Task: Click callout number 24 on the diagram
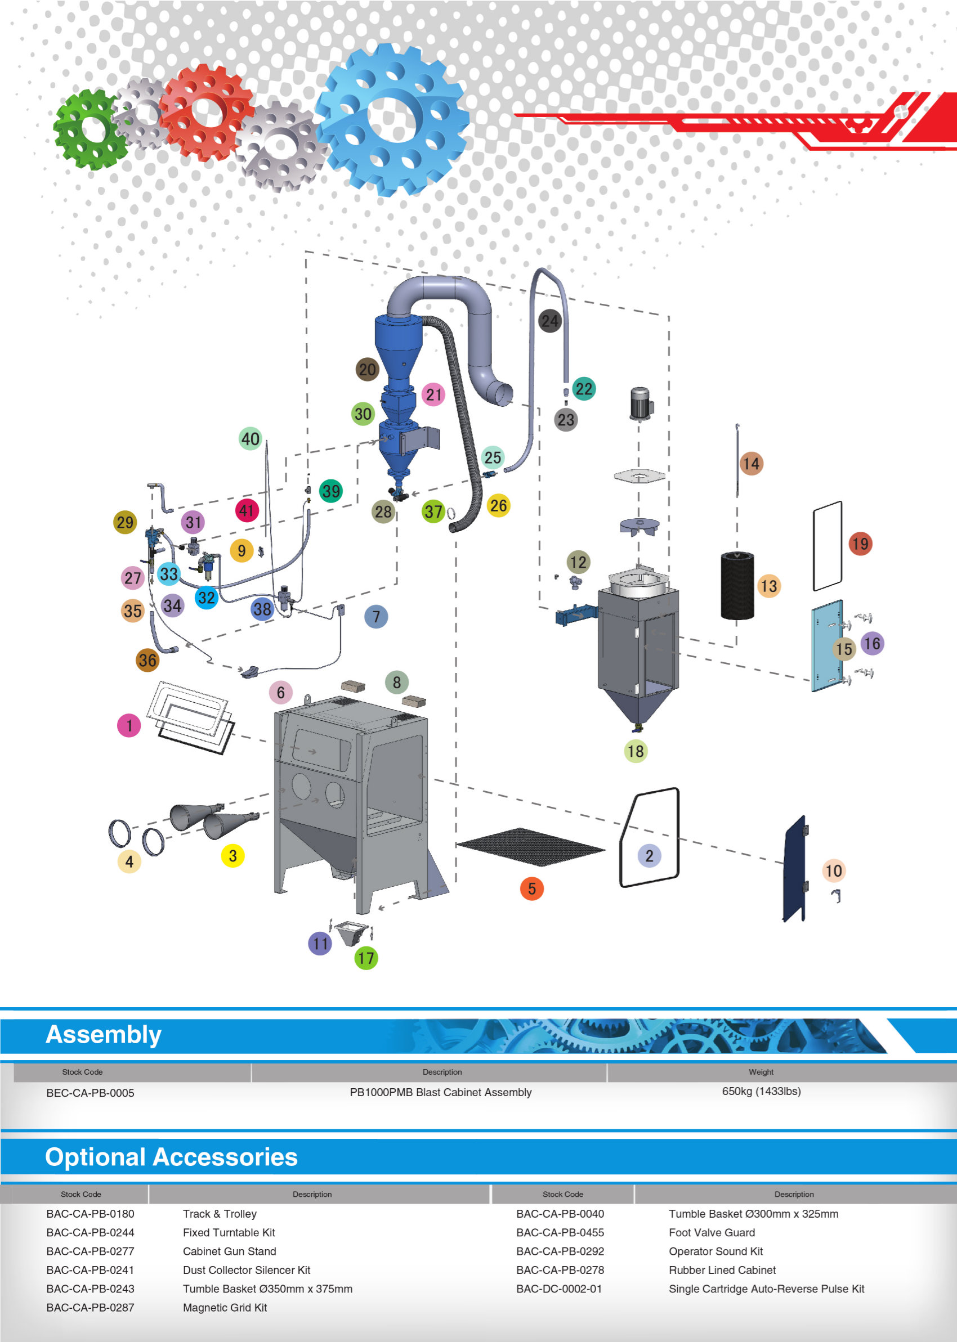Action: point(550,321)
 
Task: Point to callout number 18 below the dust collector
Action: point(635,751)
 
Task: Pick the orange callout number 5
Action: point(531,888)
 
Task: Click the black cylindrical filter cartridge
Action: point(737,585)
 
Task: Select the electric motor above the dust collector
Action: point(640,402)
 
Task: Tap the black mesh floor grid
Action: point(530,847)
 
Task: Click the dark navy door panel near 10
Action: point(795,869)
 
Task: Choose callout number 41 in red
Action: point(247,510)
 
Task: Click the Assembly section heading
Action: point(104,1035)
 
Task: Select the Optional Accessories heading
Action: point(172,1156)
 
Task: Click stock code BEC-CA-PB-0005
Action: point(90,1093)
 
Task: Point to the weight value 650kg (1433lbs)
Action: point(761,1091)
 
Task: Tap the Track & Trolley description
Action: point(219,1214)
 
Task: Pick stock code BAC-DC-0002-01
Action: point(558,1289)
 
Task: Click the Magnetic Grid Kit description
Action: point(225,1307)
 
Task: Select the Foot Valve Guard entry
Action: point(711,1232)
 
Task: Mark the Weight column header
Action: point(761,1072)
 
